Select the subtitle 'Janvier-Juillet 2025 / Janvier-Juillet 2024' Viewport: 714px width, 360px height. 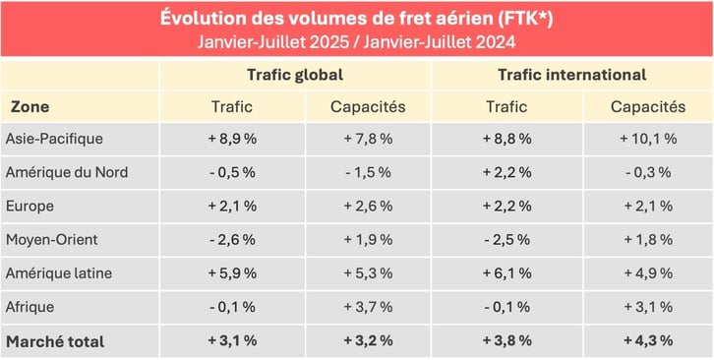(x=355, y=42)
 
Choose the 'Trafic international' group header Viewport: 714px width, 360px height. (x=571, y=75)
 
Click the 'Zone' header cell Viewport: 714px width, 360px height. (x=30, y=107)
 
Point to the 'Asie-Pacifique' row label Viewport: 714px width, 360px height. (x=54, y=139)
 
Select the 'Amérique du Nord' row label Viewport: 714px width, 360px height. (x=66, y=173)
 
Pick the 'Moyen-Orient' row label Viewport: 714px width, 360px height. (x=52, y=240)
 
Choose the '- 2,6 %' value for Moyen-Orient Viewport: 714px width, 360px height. (x=232, y=240)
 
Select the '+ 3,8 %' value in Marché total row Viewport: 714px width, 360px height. (x=507, y=341)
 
